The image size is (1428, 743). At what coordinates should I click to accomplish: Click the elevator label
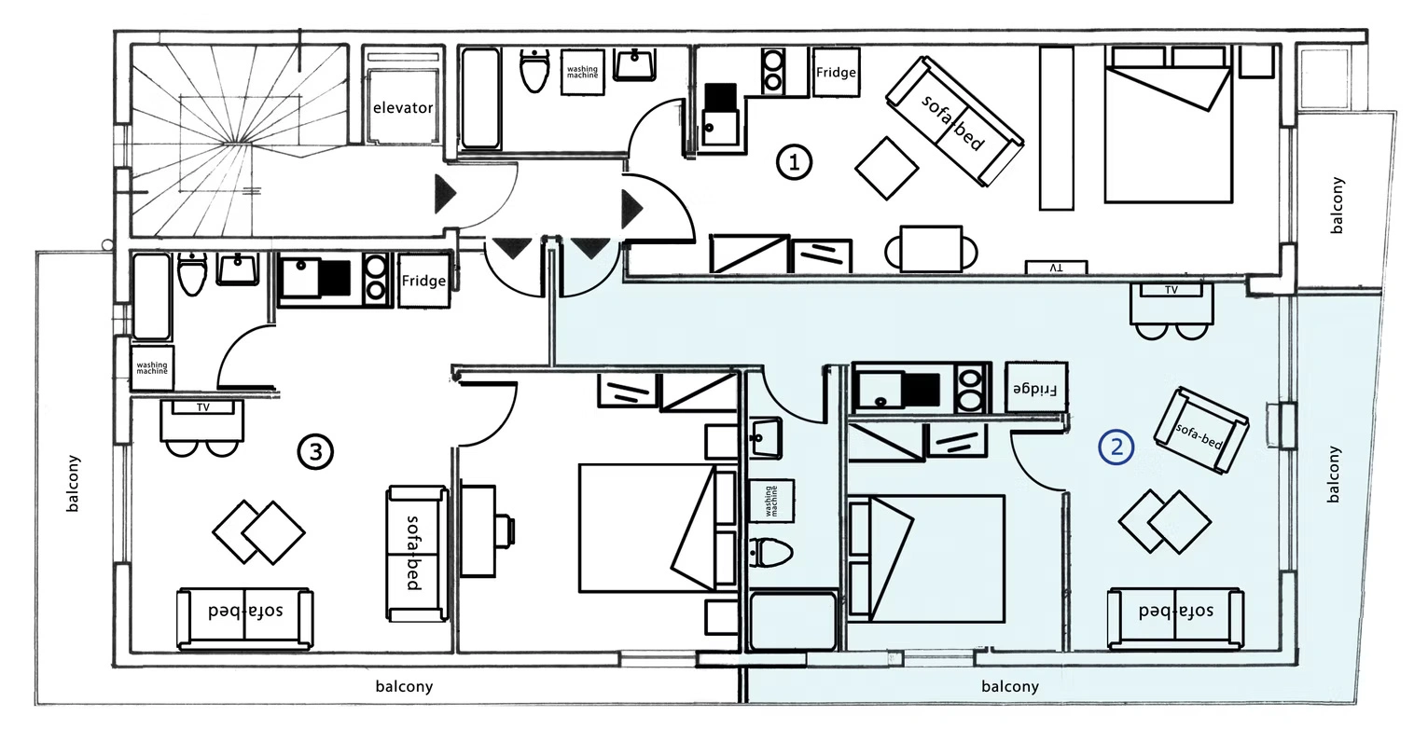pyautogui.click(x=403, y=108)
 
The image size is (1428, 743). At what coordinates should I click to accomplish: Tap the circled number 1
pyautogui.click(x=794, y=162)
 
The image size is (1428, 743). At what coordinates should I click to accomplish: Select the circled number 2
pyautogui.click(x=1116, y=447)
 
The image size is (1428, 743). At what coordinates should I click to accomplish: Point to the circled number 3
pyautogui.click(x=315, y=452)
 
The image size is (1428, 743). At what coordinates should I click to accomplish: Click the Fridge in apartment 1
pyautogui.click(x=836, y=73)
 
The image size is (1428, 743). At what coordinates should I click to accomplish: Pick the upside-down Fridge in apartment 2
pyautogui.click(x=1036, y=388)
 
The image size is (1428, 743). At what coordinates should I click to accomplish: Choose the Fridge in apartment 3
pyautogui.click(x=424, y=281)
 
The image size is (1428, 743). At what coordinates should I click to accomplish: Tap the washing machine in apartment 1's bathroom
pyautogui.click(x=582, y=72)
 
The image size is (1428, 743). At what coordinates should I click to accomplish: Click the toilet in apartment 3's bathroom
pyautogui.click(x=192, y=274)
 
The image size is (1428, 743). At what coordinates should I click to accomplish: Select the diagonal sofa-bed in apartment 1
pyautogui.click(x=954, y=122)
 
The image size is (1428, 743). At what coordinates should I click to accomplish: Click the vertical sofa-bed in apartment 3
pyautogui.click(x=417, y=553)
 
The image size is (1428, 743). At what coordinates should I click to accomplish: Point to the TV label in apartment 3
pyautogui.click(x=203, y=407)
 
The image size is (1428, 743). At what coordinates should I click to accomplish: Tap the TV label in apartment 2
pyautogui.click(x=1172, y=290)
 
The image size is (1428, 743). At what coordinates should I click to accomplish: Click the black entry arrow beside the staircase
pyautogui.click(x=445, y=193)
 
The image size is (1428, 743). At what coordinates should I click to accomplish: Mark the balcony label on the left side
pyautogui.click(x=73, y=483)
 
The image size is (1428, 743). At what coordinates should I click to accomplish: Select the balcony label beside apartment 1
pyautogui.click(x=1337, y=205)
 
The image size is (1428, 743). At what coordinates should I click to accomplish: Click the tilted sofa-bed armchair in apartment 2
pyautogui.click(x=1200, y=431)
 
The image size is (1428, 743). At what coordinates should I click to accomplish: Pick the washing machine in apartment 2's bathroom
pyautogui.click(x=771, y=501)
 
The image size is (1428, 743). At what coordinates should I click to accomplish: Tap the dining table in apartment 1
pyautogui.click(x=931, y=249)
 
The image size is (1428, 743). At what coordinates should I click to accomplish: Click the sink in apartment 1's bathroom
pyautogui.click(x=634, y=64)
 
